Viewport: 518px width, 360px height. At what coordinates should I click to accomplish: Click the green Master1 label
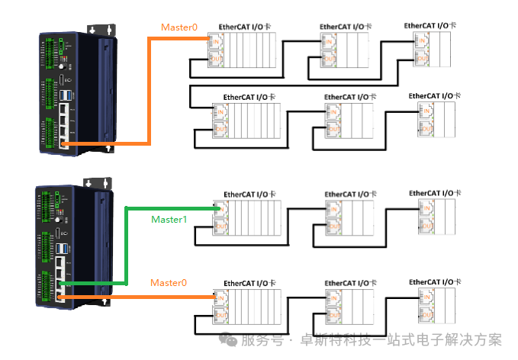(x=168, y=220)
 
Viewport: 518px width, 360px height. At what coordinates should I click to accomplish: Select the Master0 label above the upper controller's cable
(x=179, y=27)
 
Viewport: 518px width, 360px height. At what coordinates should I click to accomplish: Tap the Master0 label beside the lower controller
(x=168, y=283)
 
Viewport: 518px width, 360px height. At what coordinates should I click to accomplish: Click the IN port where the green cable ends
(x=221, y=209)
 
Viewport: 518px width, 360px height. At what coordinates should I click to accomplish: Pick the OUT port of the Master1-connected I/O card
(x=221, y=227)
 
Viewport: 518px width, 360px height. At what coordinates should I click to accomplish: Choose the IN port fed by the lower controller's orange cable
(x=221, y=297)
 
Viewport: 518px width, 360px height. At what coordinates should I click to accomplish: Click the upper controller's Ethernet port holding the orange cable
(x=66, y=142)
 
